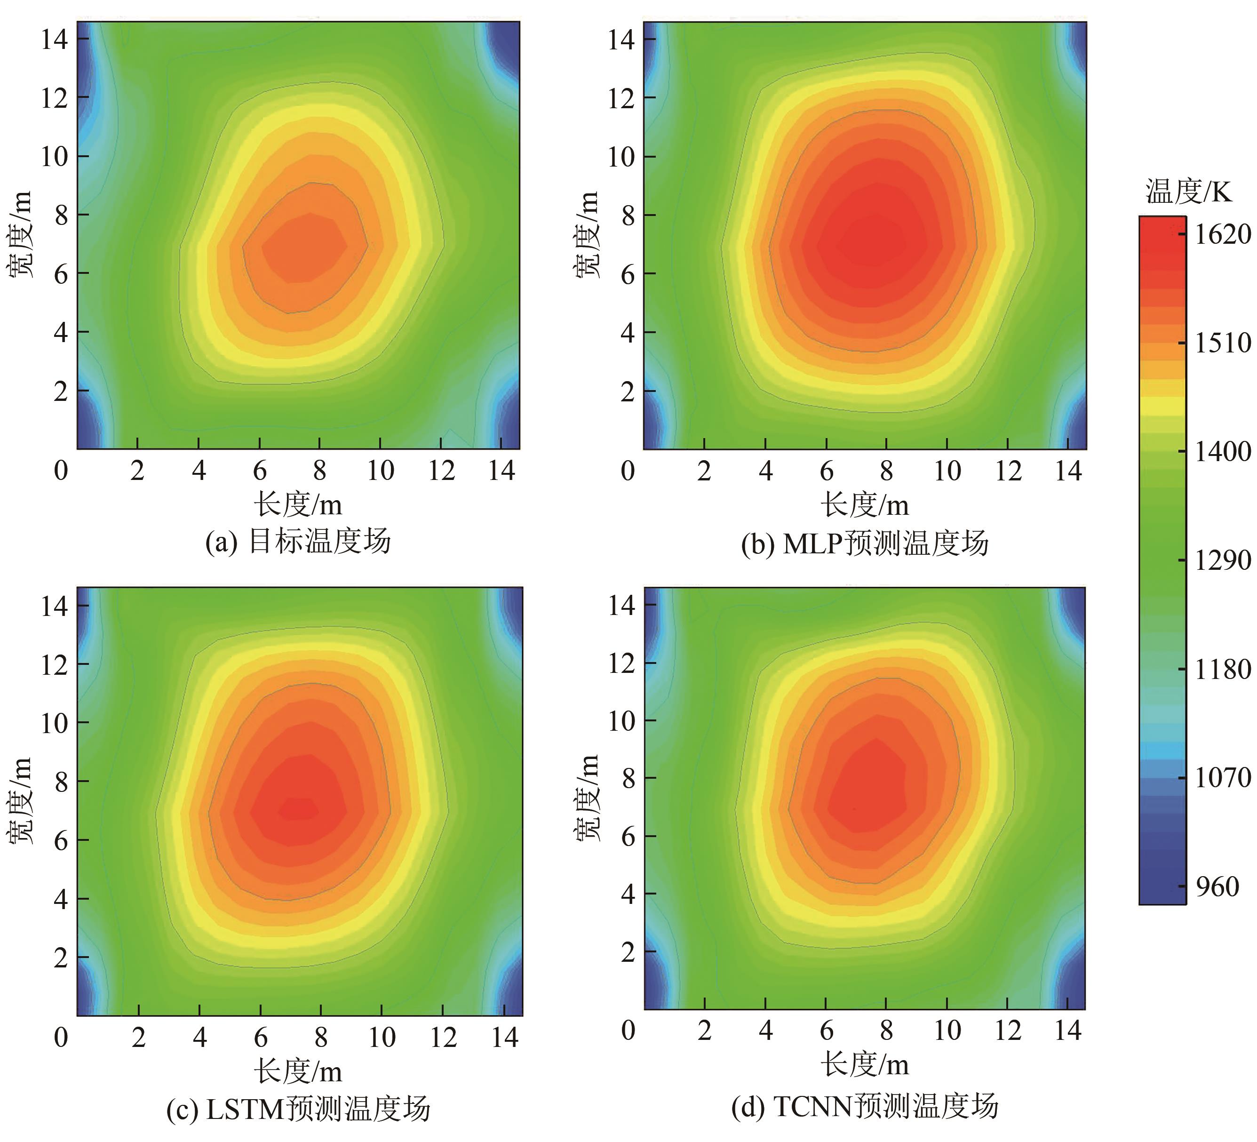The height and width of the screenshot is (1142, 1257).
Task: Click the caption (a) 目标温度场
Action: (298, 541)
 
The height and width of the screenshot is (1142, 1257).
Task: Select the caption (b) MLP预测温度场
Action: (865, 543)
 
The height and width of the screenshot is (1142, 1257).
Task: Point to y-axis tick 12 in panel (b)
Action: (621, 98)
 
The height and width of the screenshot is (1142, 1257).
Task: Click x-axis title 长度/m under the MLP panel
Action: (865, 504)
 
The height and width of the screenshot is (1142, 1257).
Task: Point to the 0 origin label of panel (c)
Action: (61, 1037)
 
